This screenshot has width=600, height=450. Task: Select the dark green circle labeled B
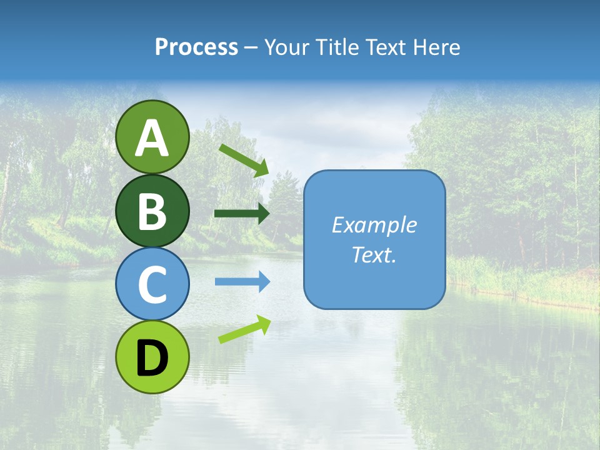(152, 211)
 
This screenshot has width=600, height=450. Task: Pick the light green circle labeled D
(152, 357)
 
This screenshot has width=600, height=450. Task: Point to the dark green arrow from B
(242, 214)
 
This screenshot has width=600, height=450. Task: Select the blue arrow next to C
(242, 282)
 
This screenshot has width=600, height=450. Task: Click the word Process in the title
(196, 47)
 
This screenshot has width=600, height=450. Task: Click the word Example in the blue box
(374, 225)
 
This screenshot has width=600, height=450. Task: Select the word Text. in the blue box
(374, 254)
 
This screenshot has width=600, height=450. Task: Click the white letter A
(152, 139)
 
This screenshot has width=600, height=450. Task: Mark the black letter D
(152, 358)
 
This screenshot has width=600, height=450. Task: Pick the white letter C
(152, 285)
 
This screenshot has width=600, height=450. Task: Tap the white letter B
(152, 211)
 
